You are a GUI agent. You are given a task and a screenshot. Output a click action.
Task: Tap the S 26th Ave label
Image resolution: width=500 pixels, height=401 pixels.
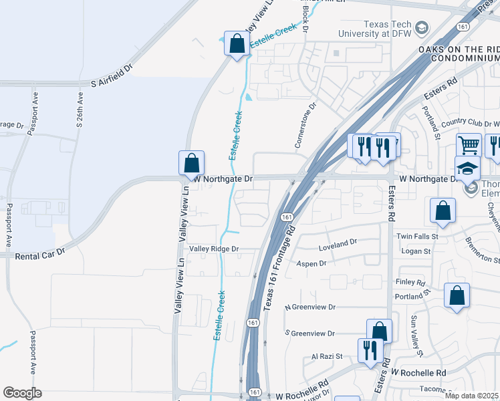coord(80,113)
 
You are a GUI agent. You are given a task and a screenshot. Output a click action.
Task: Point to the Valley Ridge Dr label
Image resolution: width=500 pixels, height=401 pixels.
coord(213,249)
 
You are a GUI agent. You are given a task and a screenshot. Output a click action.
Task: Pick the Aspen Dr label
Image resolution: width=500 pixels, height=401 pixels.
coord(311,264)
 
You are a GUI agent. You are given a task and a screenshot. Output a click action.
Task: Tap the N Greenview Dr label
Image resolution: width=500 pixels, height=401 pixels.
coord(309,307)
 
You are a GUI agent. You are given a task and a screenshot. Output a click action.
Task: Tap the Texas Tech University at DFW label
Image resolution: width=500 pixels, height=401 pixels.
coord(373,28)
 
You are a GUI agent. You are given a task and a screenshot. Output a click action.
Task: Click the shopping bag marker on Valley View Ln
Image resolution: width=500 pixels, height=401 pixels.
coord(191,163)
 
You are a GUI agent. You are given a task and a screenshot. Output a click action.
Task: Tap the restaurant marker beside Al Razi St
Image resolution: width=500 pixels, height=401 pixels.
coord(369,350)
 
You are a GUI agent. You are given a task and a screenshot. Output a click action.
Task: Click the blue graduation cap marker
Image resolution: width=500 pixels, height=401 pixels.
coord(467,168)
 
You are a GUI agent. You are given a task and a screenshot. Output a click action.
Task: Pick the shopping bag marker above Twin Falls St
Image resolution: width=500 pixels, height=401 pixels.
coord(443,210)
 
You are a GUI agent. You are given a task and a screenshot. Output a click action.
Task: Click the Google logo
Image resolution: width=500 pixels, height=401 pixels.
coord(23,392)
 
